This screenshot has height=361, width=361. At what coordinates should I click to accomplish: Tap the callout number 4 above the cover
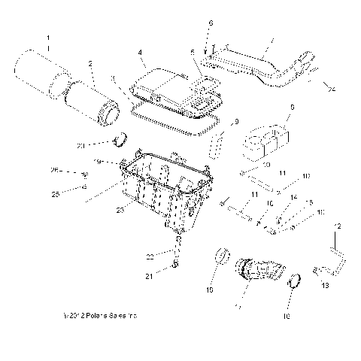point(141,53)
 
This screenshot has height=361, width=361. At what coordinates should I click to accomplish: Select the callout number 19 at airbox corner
point(118,162)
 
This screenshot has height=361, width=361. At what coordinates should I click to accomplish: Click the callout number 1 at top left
point(49,37)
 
